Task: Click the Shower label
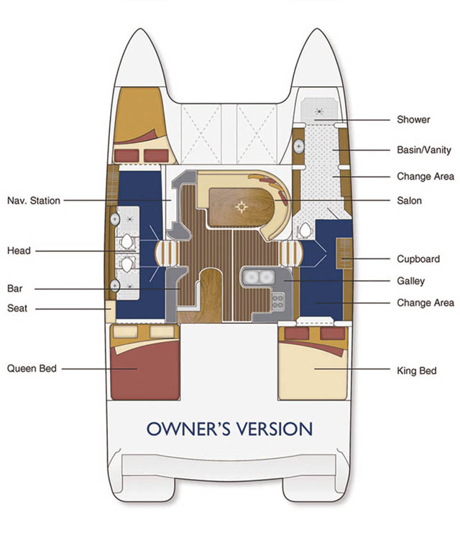tap(413, 119)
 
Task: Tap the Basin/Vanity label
tap(424, 150)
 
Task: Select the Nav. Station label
tap(34, 200)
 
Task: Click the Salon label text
tap(409, 200)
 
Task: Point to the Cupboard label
tap(418, 259)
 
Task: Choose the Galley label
tap(410, 281)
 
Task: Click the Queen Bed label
tap(32, 368)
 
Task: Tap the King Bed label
tap(417, 371)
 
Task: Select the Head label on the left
tap(19, 251)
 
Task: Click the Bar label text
tap(14, 289)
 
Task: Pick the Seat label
tap(17, 308)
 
